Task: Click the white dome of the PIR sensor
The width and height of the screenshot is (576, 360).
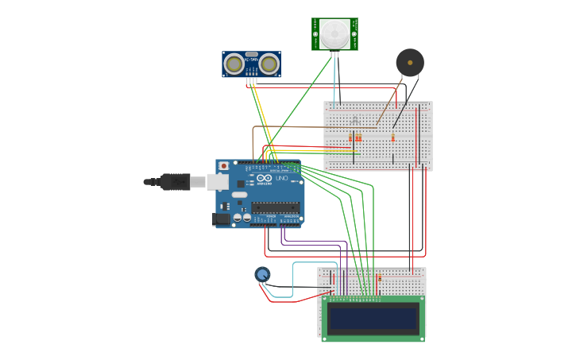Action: click(334, 33)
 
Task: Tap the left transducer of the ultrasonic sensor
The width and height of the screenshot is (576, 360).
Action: click(234, 64)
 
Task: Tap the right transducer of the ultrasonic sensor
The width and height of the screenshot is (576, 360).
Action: click(269, 64)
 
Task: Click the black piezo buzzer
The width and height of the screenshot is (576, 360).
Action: click(410, 63)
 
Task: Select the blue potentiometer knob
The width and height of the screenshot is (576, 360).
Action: click(262, 274)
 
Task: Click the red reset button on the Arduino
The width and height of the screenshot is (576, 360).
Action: click(224, 166)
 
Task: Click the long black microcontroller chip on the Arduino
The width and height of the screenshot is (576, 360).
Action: click(275, 207)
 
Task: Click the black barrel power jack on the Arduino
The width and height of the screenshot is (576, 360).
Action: click(222, 219)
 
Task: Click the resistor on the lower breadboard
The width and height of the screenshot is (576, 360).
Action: click(379, 278)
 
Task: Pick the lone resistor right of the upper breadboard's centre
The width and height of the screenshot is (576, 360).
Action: click(392, 137)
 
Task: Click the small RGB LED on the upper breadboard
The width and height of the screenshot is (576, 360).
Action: click(354, 121)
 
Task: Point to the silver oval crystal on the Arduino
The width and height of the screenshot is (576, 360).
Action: click(239, 195)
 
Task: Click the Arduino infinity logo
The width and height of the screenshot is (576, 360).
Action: click(264, 178)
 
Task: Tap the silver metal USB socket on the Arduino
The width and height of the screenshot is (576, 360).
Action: click(217, 182)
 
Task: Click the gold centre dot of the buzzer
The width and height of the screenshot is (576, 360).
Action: click(410, 62)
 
